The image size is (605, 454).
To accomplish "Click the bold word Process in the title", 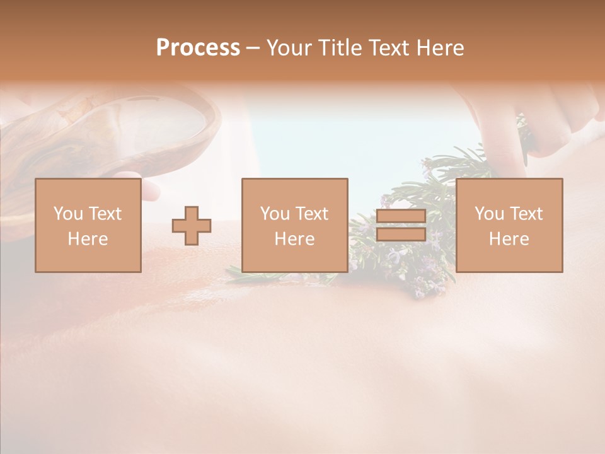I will [198, 47].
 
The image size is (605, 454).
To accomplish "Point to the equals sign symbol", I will [401, 226].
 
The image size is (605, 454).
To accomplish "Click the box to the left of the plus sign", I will [88, 225].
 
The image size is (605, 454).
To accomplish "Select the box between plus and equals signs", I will [294, 225].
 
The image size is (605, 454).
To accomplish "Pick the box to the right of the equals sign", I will [509, 225].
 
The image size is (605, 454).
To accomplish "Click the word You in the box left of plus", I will [67, 214].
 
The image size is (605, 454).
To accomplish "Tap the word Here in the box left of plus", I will [88, 239].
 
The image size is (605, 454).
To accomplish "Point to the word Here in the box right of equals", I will [509, 239].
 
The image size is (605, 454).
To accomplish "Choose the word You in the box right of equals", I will [489, 214].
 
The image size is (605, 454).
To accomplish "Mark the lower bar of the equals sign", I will [401, 235].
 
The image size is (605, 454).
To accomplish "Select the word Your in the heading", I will [288, 47].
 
